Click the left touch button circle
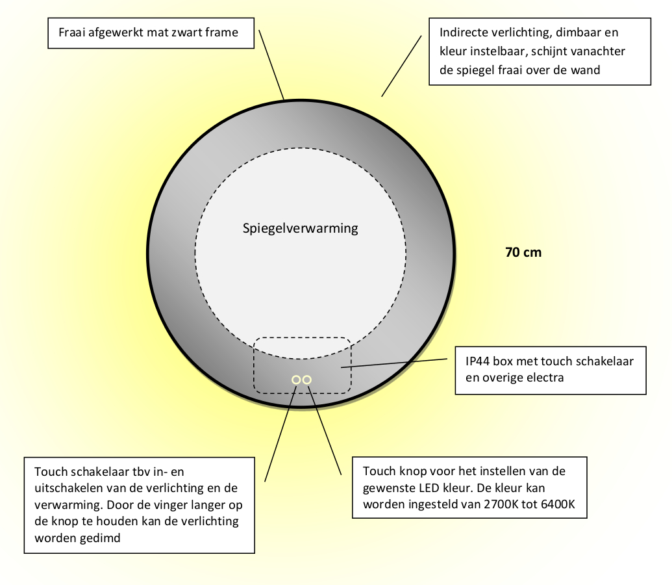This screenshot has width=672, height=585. (296, 379)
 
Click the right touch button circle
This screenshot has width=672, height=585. (307, 379)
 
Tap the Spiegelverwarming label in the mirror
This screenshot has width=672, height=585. (300, 228)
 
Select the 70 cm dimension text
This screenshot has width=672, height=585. (523, 252)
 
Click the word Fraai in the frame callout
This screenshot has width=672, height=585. (73, 32)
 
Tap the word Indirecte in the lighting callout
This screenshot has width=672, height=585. (462, 32)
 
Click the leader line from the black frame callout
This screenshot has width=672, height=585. (271, 64)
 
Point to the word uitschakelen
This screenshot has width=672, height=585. (64, 487)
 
